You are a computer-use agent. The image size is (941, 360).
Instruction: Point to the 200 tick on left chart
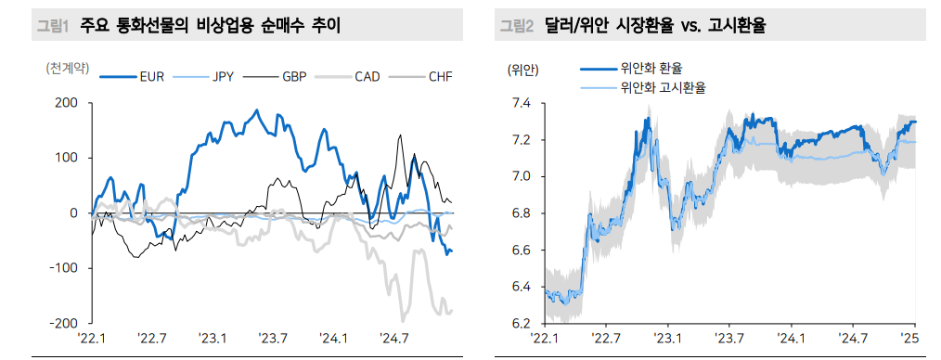[x=65, y=103]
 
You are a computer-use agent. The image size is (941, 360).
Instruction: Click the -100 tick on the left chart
[x=62, y=268]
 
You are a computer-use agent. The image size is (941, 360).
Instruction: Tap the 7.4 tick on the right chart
[x=521, y=103]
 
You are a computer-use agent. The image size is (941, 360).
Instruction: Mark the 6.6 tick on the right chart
[x=521, y=251]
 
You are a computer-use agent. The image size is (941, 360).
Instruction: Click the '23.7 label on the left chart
[x=274, y=339]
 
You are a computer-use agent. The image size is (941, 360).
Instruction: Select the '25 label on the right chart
[x=909, y=339]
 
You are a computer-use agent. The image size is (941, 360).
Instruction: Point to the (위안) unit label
[x=522, y=69]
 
